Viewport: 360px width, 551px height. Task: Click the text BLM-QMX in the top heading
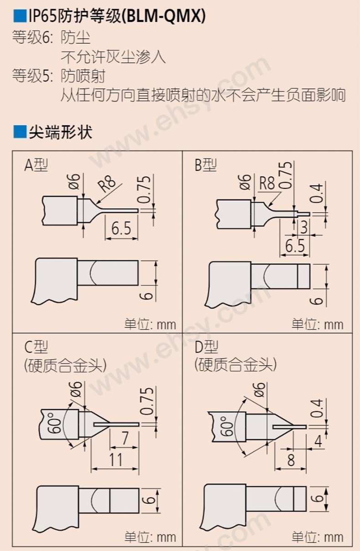pyautogui.click(x=164, y=17)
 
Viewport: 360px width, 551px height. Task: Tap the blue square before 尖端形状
pyautogui.click(x=20, y=132)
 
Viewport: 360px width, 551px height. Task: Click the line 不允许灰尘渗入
pyautogui.click(x=113, y=57)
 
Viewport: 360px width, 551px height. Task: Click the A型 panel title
pyautogui.click(x=36, y=165)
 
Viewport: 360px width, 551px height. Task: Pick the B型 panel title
pyautogui.click(x=206, y=165)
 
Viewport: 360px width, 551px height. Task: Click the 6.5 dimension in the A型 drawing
pyautogui.click(x=121, y=228)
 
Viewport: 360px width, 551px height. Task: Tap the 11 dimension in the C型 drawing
pyautogui.click(x=116, y=460)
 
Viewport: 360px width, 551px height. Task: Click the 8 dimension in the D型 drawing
pyautogui.click(x=291, y=460)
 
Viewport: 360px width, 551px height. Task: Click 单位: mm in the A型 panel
pyautogui.click(x=150, y=324)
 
